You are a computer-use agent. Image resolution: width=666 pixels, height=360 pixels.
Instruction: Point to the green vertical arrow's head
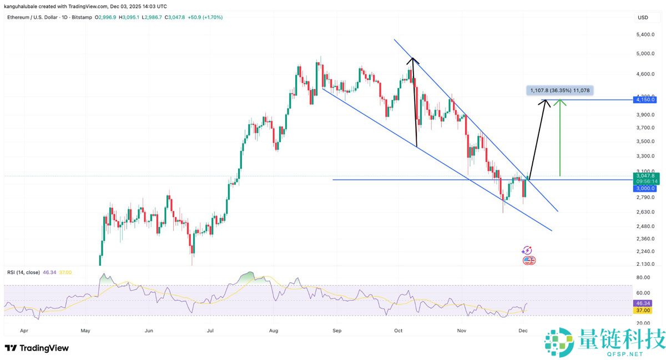pos(562,102)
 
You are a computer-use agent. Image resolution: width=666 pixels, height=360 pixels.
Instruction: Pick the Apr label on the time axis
pos(24,330)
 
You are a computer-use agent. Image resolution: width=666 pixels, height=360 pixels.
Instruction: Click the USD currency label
pos(643,18)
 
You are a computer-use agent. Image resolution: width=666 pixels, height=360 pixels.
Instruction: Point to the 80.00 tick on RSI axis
pos(643,277)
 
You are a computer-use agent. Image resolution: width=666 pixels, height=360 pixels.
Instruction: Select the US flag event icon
pos(529,260)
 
